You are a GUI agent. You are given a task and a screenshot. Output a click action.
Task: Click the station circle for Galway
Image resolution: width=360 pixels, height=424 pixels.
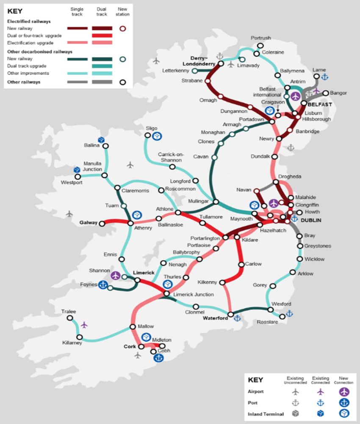102,223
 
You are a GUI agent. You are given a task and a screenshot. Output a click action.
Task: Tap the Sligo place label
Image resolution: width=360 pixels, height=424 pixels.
151,128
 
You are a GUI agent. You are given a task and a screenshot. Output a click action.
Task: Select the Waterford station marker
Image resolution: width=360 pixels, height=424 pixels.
230,315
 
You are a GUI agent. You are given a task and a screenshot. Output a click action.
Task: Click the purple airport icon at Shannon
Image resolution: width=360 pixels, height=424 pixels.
115,275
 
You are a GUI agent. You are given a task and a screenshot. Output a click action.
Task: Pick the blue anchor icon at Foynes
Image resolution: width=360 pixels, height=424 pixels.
102,285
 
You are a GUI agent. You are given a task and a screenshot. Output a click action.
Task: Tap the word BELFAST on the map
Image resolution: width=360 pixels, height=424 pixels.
320,104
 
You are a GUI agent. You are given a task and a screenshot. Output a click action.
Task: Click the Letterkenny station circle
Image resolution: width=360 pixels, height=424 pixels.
194,71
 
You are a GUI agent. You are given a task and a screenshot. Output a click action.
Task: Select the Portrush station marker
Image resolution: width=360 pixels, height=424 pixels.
260,45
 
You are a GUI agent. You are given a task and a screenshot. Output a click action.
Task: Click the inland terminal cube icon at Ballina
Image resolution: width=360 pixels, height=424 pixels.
101,139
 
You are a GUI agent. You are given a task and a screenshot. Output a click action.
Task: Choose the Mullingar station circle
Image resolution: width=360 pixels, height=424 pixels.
216,202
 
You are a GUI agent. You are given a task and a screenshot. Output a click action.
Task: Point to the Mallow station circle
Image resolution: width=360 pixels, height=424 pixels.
131,327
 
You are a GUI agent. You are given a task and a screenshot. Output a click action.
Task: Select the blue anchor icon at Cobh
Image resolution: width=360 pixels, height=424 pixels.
158,358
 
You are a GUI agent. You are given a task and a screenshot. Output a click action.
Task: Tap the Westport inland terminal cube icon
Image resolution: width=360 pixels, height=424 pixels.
77,170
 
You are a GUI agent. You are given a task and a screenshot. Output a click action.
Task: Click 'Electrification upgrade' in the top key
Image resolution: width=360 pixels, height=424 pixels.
30,43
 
